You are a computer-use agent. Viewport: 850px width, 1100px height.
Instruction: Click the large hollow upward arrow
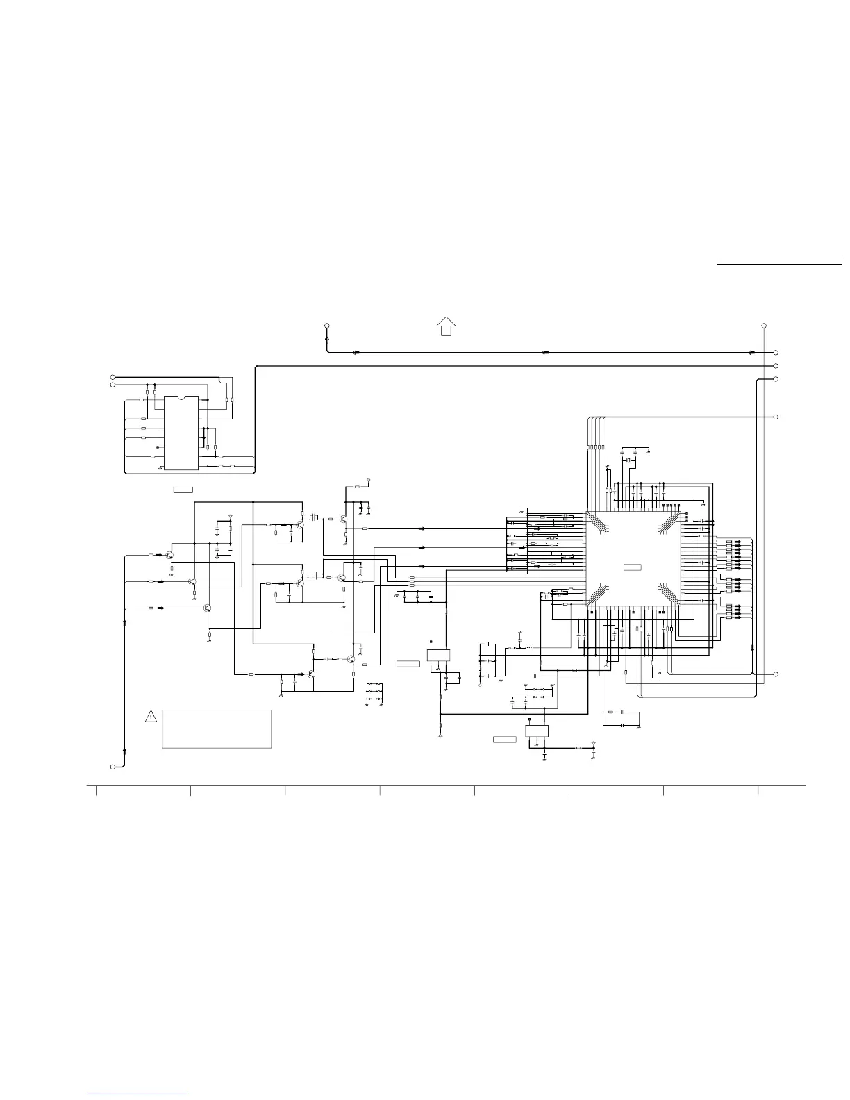point(446,325)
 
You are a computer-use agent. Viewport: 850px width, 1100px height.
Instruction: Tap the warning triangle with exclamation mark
point(151,717)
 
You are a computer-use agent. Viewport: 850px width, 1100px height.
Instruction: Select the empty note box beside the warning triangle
point(216,728)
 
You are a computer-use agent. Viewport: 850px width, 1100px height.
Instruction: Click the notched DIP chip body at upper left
point(181,433)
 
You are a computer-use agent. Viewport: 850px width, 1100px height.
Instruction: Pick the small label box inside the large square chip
point(632,568)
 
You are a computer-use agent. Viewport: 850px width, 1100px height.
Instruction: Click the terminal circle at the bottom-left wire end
point(112,766)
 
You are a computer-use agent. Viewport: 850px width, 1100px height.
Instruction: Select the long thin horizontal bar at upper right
point(779,261)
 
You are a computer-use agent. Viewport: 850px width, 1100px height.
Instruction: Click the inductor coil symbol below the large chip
point(529,647)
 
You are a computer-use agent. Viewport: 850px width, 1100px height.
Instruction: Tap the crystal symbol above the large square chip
point(627,461)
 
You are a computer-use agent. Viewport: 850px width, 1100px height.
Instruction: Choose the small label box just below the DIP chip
point(183,490)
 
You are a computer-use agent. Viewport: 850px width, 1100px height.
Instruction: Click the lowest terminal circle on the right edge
point(776,674)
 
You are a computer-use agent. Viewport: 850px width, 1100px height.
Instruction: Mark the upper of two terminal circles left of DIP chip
point(112,378)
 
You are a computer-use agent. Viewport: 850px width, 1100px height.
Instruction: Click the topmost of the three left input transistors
point(169,555)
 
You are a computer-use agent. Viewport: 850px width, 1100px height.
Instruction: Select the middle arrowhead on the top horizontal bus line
point(544,352)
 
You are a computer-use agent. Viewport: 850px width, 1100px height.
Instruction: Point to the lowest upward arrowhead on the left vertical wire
point(124,750)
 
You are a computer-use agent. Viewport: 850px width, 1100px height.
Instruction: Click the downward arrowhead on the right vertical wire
point(753,649)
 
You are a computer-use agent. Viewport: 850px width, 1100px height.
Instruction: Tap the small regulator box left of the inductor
point(438,654)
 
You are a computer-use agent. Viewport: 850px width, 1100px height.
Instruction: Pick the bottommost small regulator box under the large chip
point(537,731)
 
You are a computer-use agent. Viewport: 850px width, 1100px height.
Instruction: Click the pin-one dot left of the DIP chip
point(158,447)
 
